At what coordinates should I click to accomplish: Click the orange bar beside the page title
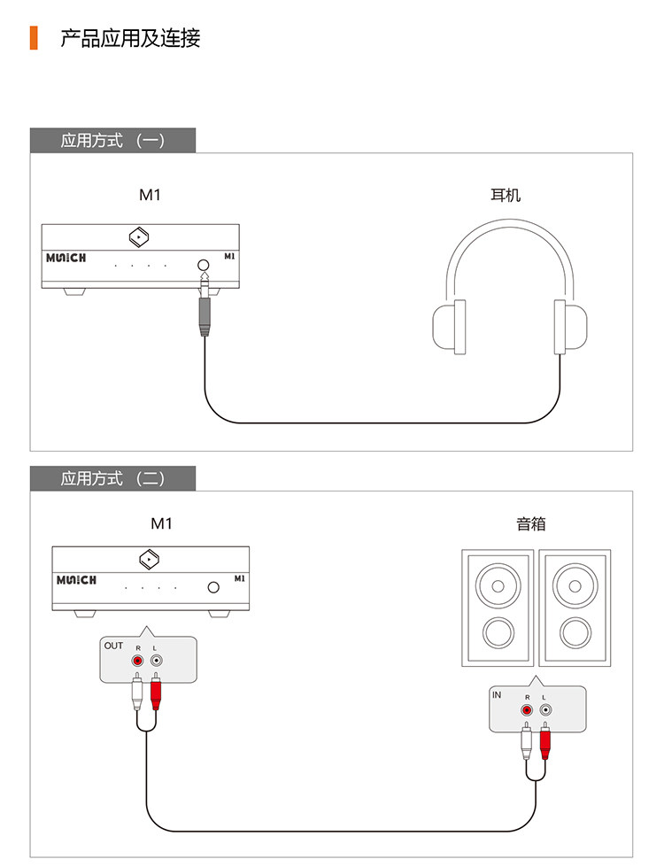click(x=34, y=38)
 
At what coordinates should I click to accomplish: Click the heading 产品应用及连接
click(x=130, y=38)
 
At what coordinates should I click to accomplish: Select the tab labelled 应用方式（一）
click(x=112, y=140)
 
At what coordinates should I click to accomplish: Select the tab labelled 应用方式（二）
click(x=112, y=478)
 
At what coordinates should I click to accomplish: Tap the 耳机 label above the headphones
click(x=506, y=194)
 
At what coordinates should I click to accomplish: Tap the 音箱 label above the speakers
click(x=531, y=523)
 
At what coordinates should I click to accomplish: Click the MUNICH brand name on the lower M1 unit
click(x=76, y=581)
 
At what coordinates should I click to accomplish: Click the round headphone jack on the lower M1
click(x=213, y=587)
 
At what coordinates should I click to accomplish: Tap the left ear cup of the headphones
click(x=449, y=328)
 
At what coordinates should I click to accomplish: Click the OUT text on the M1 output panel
click(x=113, y=646)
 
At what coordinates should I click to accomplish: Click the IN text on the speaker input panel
click(x=497, y=695)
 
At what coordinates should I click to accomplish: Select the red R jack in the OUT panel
click(x=137, y=661)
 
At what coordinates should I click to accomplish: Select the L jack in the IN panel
click(x=544, y=710)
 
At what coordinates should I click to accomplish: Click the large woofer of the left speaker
click(x=497, y=586)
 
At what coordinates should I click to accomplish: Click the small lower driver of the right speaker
click(x=575, y=632)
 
